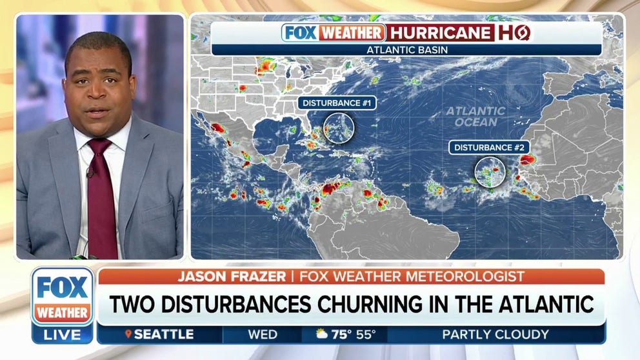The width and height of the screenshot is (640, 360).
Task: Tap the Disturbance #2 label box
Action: (488, 148)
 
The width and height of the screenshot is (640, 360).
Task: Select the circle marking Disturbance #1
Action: (339, 127)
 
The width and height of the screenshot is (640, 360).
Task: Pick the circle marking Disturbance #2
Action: (490, 172)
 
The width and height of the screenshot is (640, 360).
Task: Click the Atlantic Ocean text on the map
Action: (476, 117)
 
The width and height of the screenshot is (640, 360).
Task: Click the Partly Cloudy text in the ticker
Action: (495, 334)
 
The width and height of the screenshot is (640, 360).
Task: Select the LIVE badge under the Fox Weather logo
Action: (63, 334)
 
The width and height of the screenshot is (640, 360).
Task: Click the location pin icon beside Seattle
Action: (129, 334)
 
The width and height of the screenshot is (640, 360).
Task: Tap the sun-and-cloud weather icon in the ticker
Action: (321, 334)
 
